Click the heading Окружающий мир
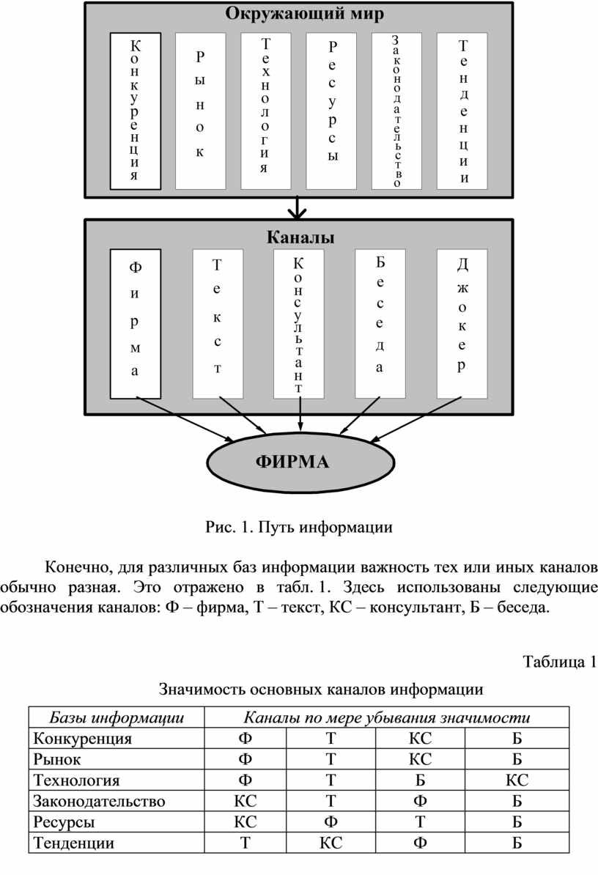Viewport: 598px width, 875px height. click(x=305, y=13)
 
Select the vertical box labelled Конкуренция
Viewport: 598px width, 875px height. click(x=136, y=111)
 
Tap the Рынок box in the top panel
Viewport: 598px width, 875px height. click(x=200, y=111)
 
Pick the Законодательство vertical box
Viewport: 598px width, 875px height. click(x=396, y=111)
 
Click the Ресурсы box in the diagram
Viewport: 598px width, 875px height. click(x=331, y=111)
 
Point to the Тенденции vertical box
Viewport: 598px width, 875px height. click(x=462, y=111)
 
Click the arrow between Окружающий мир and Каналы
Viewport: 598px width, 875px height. click(x=298, y=207)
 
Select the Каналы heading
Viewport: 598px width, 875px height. click(x=300, y=237)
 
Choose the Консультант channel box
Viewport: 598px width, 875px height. click(x=298, y=324)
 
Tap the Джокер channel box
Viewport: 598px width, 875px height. click(x=462, y=324)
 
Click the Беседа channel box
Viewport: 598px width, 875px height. click(x=380, y=324)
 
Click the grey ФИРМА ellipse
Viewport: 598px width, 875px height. click(x=300, y=462)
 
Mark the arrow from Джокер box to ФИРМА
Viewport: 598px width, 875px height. click(x=416, y=420)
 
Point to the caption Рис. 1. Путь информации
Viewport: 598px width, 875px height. click(x=299, y=528)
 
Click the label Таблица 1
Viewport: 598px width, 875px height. click(x=559, y=662)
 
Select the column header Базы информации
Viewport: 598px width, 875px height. click(x=117, y=717)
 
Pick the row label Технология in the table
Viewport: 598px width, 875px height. click(x=76, y=780)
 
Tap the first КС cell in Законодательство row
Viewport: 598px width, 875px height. click(x=245, y=801)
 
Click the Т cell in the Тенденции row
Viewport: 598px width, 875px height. click(x=245, y=843)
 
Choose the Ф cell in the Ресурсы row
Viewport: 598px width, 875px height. click(x=331, y=822)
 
